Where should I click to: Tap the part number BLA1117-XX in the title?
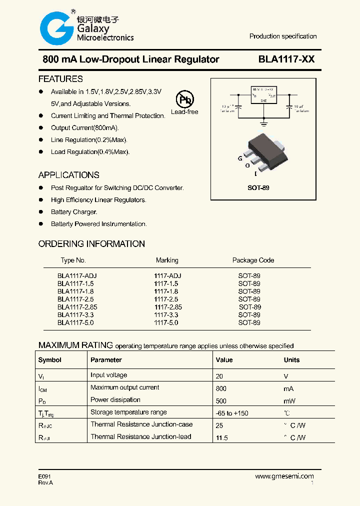coord(286,59)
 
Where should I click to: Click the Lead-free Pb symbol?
coord(184,99)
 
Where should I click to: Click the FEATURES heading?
coord(60,79)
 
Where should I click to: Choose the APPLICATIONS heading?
coord(68,175)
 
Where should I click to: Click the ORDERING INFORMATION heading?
coord(91,244)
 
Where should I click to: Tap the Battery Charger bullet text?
coord(74,212)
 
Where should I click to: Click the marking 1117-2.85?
coord(168,307)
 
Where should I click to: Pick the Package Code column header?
coord(253,260)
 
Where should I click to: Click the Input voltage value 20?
coord(219,376)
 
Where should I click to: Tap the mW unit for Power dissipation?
coord(289,401)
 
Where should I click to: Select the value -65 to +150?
coord(232,413)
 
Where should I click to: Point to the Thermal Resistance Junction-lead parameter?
coord(141,437)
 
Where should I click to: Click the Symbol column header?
coord(50,360)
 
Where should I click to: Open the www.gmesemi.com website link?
coord(284,476)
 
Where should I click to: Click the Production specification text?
coord(283,36)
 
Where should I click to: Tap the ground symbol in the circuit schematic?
coord(264,120)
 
